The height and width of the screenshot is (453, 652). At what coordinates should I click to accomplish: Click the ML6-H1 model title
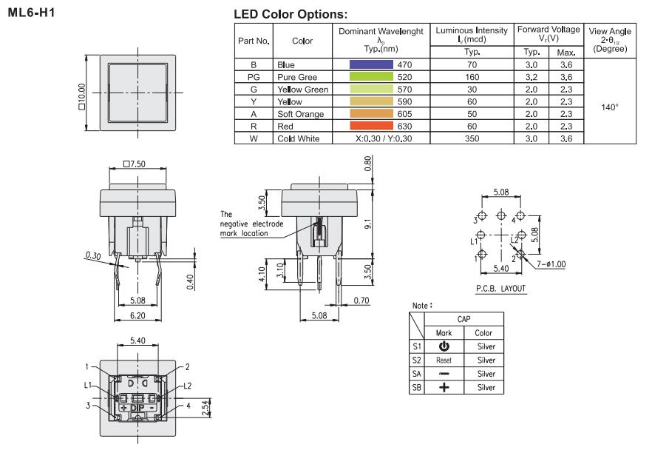tap(31, 13)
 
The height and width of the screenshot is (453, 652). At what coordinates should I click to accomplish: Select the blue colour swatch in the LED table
tap(371, 64)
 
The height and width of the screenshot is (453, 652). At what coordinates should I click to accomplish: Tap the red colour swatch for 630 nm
tap(371, 126)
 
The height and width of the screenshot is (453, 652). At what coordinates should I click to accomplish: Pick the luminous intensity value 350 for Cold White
tap(472, 138)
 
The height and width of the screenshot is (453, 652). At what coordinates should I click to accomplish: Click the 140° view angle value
tap(610, 107)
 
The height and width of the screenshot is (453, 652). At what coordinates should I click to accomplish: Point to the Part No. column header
tap(254, 41)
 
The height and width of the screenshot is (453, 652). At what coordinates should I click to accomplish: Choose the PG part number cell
tap(254, 77)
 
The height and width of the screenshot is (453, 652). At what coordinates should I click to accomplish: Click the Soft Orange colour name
tap(301, 114)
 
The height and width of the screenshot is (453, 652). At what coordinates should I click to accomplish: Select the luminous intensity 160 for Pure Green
tap(472, 77)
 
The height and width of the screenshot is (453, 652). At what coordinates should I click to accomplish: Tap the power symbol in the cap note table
tap(444, 346)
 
